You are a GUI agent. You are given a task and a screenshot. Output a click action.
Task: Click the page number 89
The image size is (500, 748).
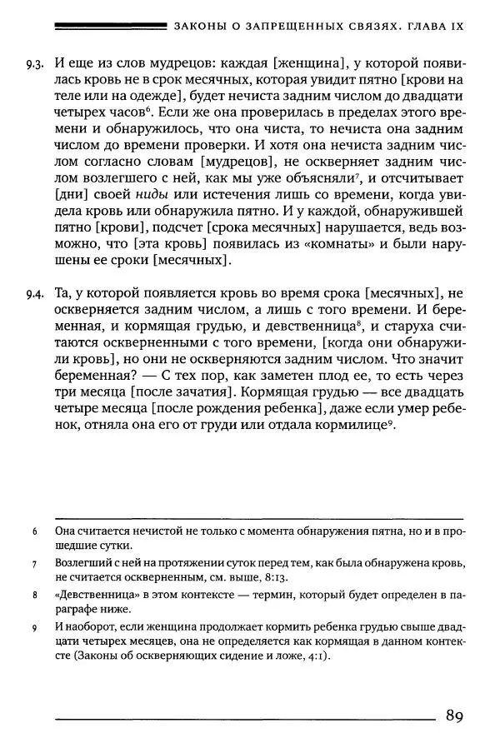coord(454,716)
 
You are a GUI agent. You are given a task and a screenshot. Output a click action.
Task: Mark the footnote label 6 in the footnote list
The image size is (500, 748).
coord(33,531)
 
